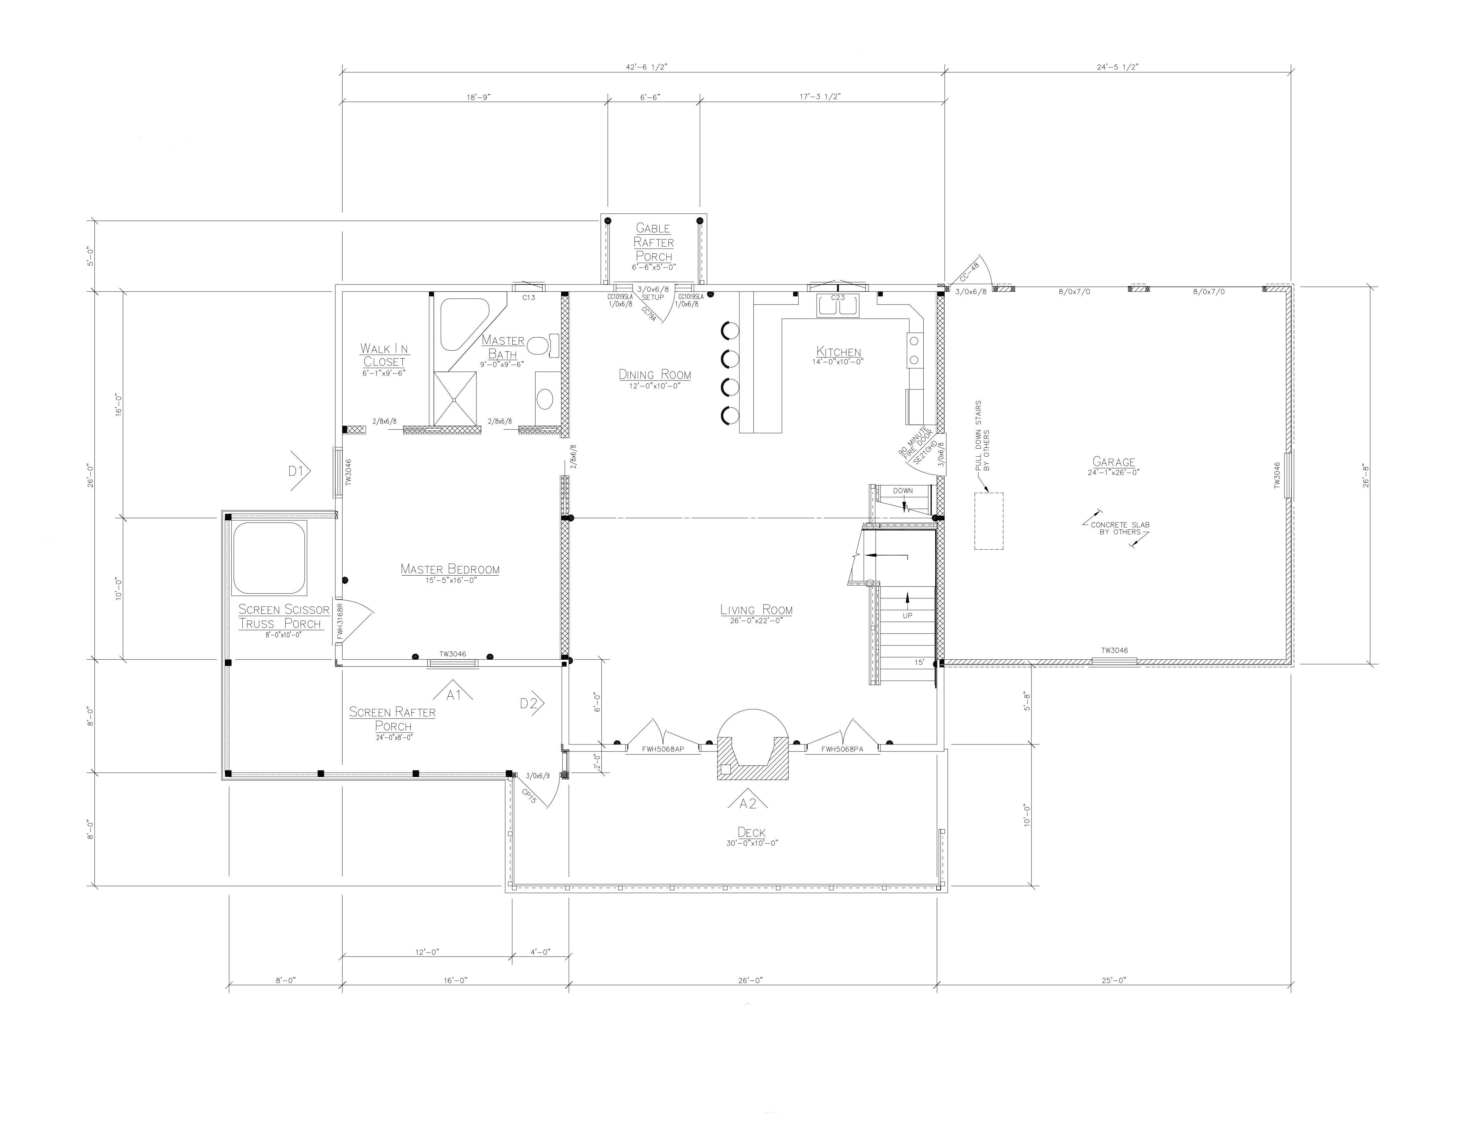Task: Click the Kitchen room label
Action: [x=839, y=351]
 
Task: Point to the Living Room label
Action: [x=756, y=610]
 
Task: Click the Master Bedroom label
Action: [x=450, y=569]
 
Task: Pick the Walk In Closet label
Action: [x=384, y=355]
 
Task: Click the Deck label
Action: [x=751, y=832]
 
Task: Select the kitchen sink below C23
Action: [x=837, y=306]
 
